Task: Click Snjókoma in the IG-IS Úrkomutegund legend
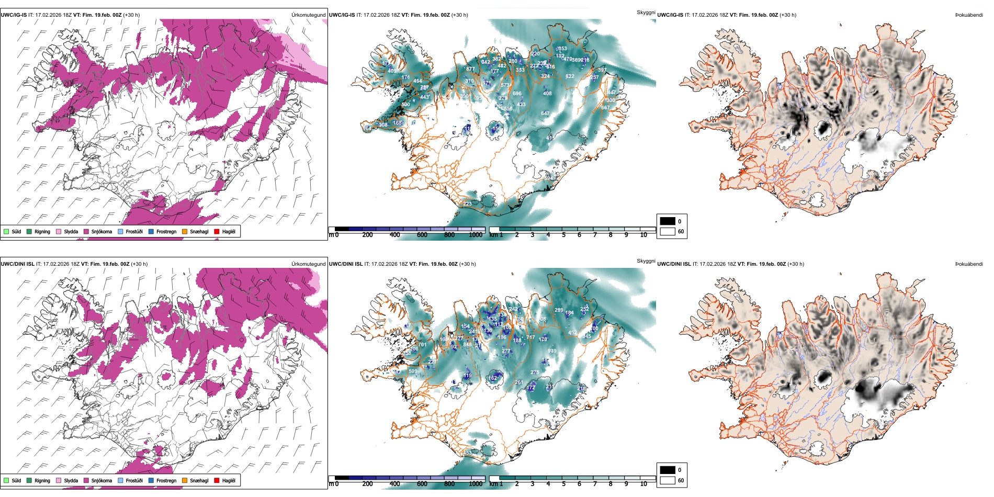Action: [101, 232]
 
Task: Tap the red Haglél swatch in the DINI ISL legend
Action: [217, 480]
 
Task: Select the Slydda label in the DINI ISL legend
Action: [71, 480]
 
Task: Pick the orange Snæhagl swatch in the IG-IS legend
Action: [185, 232]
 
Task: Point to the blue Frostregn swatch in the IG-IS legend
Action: [151, 232]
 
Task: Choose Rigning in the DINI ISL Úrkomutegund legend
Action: [42, 480]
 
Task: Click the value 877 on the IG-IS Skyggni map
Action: [470, 69]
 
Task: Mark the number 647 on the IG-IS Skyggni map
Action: [545, 114]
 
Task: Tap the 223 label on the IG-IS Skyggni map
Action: [467, 204]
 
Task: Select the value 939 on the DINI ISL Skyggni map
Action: [552, 351]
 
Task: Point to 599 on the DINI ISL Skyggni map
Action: [413, 371]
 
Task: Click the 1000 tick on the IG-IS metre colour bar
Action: [476, 235]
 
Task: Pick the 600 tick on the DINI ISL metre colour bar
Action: [422, 484]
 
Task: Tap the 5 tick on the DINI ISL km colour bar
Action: [563, 484]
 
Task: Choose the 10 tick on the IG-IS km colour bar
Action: [643, 235]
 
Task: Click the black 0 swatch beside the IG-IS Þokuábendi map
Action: [668, 221]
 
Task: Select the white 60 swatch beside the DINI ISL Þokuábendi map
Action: [668, 480]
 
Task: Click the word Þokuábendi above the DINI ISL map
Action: [969, 264]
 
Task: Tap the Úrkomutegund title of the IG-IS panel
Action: [308, 15]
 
